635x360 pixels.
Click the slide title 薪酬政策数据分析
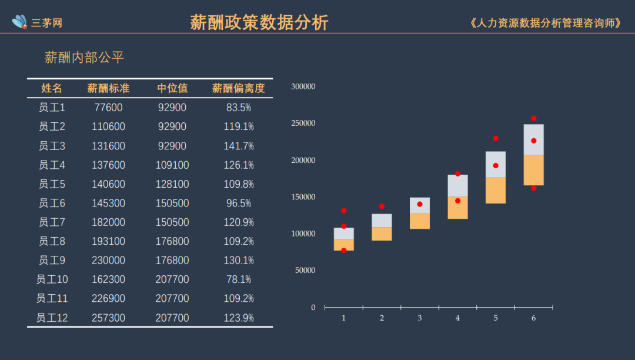[x=259, y=22]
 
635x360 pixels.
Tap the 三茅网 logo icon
[x=20, y=22]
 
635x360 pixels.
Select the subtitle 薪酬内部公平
[x=85, y=58]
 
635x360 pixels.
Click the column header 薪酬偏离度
[x=239, y=88]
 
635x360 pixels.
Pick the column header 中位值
[x=172, y=88]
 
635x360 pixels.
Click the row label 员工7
[x=52, y=222]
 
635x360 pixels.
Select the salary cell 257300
[x=108, y=318]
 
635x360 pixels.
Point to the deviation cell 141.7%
[x=239, y=146]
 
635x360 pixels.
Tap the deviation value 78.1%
[x=239, y=279]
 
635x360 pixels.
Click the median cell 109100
[x=172, y=165]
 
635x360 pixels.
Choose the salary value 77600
[x=108, y=108]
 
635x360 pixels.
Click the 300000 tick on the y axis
[x=303, y=86]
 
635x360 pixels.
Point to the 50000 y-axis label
[x=305, y=271]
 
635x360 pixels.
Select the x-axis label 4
[x=457, y=318]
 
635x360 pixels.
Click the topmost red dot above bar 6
[x=534, y=118]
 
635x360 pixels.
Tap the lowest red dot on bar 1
[x=344, y=251]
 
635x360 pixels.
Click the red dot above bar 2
[x=382, y=206]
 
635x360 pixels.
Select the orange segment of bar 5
[x=496, y=190]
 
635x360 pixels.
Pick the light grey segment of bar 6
[x=534, y=139]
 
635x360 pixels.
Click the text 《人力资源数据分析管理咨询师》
[x=546, y=23]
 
